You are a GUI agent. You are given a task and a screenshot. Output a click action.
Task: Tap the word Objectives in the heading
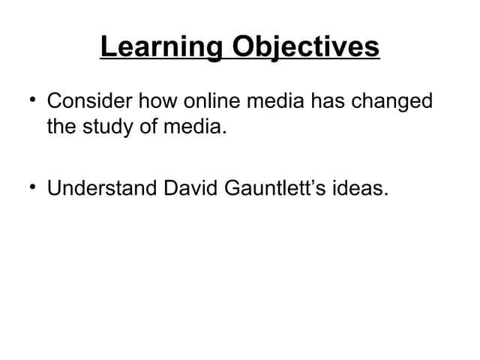[304, 49]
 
